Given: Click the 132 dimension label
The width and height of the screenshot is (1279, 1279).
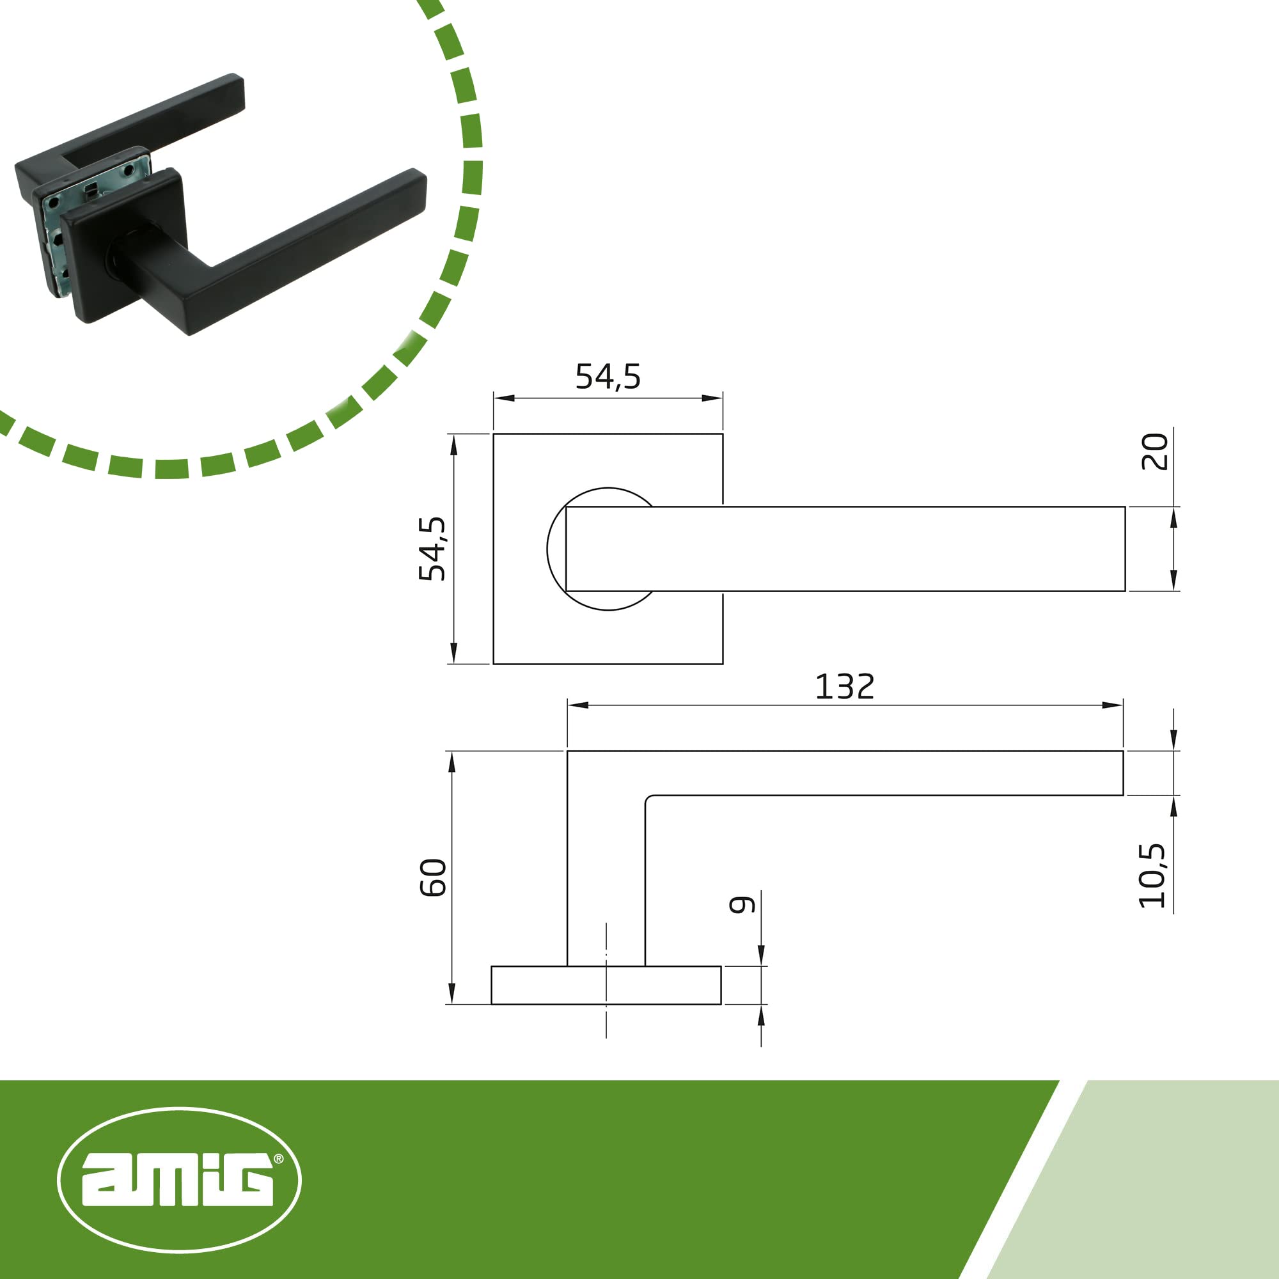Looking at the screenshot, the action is (844, 686).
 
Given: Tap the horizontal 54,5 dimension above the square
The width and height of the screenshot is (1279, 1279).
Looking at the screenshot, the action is (608, 377).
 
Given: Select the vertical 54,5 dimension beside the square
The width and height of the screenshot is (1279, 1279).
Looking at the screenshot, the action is (432, 548).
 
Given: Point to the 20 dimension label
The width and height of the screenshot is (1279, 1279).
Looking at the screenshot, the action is (1154, 451).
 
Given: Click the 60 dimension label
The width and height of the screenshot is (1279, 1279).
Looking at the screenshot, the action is (433, 878).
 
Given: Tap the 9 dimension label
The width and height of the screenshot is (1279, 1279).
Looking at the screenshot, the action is (742, 904).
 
